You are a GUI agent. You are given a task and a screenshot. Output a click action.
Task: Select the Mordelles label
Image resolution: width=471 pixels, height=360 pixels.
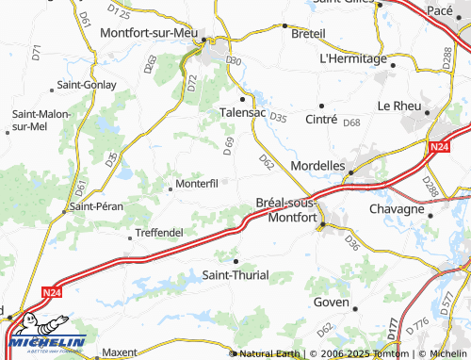(x=318, y=164)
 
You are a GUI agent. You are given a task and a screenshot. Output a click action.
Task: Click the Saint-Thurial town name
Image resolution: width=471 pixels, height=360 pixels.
(x=235, y=275)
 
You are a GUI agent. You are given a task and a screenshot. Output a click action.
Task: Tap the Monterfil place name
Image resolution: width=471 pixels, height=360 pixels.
(x=196, y=184)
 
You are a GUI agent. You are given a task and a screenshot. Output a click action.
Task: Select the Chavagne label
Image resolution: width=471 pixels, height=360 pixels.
(x=398, y=208)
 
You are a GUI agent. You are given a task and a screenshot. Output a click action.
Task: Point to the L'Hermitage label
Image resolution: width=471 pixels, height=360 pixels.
(x=353, y=58)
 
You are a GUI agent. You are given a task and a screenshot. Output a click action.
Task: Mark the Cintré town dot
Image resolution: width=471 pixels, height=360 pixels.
(x=321, y=106)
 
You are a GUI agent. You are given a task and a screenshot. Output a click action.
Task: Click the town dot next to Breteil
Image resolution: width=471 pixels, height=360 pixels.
(x=285, y=26)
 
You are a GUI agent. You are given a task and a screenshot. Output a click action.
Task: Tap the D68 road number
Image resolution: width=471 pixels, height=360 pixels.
(x=351, y=123)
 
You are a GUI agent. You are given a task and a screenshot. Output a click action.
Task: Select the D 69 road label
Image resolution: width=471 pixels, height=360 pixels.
(x=227, y=146)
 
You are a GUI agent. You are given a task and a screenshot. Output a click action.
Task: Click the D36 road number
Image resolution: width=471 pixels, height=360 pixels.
(x=352, y=243)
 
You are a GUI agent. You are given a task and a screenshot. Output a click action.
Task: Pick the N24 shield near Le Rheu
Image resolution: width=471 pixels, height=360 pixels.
(x=437, y=147)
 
